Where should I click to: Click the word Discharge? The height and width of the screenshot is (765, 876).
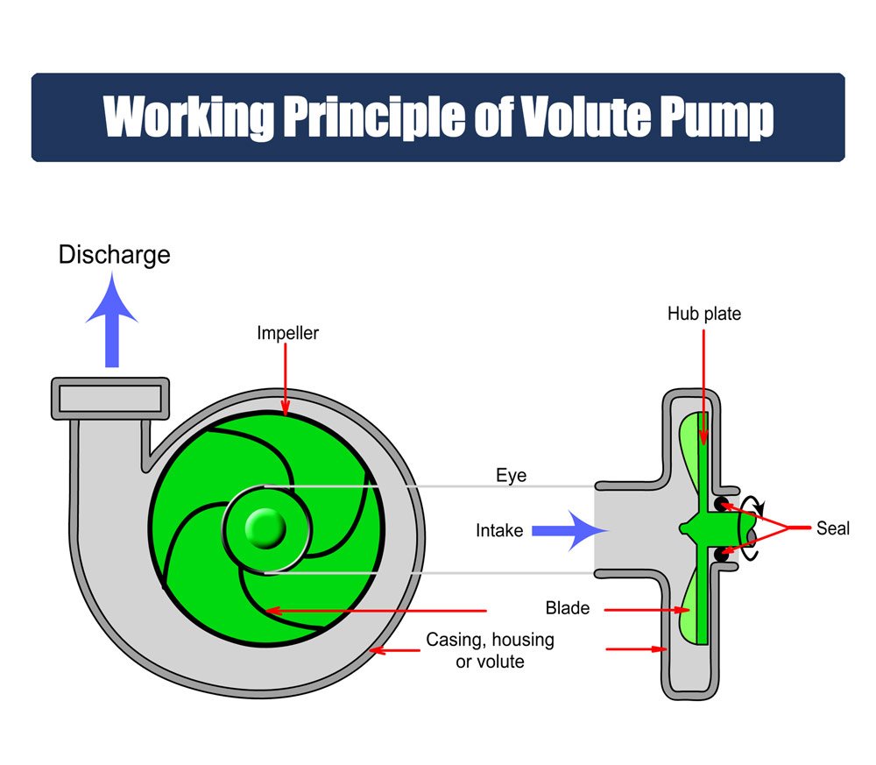(115, 255)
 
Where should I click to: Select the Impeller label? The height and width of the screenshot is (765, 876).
(287, 334)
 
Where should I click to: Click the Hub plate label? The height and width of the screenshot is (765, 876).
(704, 314)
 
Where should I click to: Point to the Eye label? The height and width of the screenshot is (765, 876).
(512, 476)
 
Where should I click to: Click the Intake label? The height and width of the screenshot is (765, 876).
(499, 530)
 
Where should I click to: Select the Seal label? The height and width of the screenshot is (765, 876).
(833, 528)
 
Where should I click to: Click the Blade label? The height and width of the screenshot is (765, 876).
(568, 608)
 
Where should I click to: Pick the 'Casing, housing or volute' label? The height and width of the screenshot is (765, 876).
(490, 650)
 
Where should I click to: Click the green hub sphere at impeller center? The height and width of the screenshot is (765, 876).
(265, 528)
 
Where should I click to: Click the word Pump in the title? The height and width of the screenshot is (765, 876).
(717, 118)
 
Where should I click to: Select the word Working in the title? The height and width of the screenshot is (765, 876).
(189, 117)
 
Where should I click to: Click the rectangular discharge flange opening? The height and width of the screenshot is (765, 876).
(110, 399)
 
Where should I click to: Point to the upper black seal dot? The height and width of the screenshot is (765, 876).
(722, 504)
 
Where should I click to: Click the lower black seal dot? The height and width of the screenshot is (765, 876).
(722, 555)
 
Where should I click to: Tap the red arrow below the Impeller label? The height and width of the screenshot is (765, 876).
(286, 380)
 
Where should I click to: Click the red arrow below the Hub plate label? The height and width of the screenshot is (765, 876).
(703, 386)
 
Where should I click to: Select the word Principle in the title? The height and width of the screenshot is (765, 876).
(374, 117)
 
